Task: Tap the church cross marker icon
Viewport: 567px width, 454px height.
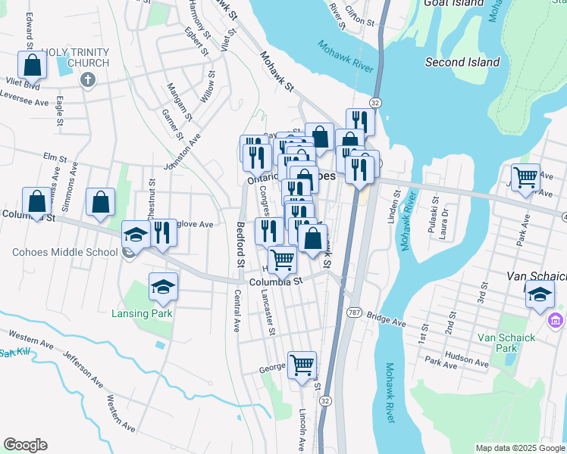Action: point(87,79)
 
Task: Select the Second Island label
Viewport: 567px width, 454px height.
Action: point(462,62)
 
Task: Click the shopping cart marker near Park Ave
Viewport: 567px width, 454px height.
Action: point(525,179)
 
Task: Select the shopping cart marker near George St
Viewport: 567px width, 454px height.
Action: point(302,365)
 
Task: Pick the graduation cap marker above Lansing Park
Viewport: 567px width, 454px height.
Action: point(162,287)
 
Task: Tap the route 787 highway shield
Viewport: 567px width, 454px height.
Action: point(353,312)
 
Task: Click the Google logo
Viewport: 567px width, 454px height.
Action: point(25,445)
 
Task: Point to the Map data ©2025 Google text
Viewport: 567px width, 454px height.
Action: point(519,448)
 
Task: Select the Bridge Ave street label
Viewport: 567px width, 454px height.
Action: point(386,316)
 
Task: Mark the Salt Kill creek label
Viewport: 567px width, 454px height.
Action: point(13,353)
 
